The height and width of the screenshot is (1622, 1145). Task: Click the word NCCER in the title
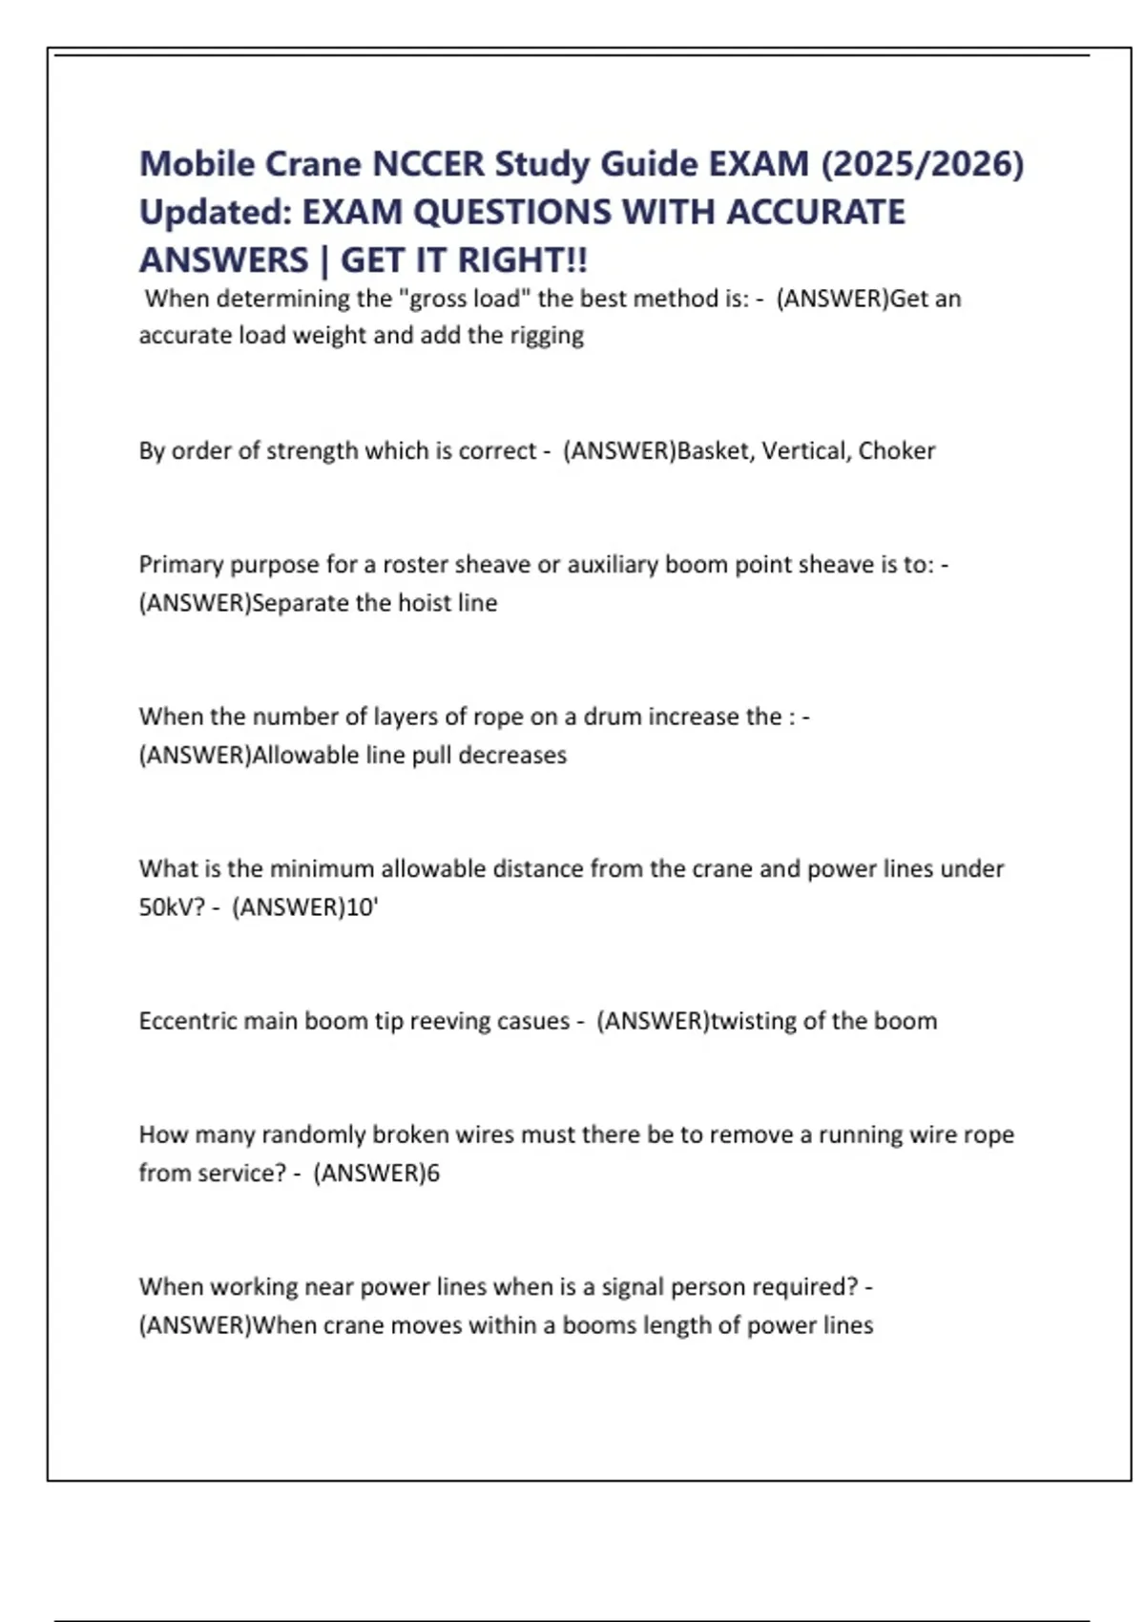coord(427,164)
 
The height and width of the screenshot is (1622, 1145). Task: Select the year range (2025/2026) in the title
coord(922,164)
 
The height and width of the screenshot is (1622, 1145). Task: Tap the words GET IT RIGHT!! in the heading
coord(464,260)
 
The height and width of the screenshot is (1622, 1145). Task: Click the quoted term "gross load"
coord(468,299)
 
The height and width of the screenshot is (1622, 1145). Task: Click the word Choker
coord(896,450)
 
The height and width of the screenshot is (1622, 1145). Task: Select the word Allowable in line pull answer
coord(300,755)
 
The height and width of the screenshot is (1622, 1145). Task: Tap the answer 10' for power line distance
coord(362,907)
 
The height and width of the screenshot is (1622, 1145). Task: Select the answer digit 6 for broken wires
coord(433,1174)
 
